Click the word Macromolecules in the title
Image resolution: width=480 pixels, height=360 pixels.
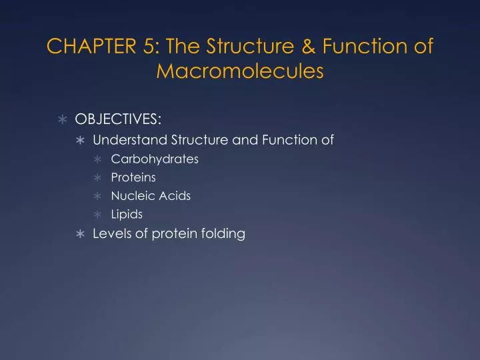click(239, 71)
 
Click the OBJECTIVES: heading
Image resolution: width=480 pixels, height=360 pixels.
click(117, 119)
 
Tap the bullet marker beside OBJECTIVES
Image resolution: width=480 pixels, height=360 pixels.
click(63, 119)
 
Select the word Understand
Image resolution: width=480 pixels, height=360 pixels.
click(130, 140)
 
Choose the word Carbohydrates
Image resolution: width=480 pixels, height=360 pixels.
click(155, 159)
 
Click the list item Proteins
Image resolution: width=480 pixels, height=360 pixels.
click(133, 177)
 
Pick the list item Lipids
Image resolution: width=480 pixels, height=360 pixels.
click(127, 215)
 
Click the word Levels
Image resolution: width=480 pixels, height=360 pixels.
click(111, 233)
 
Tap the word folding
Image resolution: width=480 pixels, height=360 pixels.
click(222, 234)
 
